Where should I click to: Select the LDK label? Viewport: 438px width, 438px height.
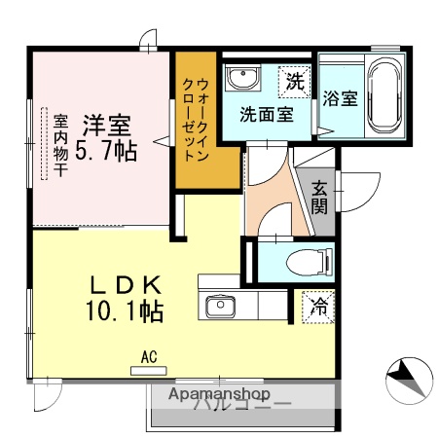[x=125, y=285]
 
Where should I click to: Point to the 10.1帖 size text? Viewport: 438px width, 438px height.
[x=125, y=311]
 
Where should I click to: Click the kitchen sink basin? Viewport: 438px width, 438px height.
[x=220, y=308]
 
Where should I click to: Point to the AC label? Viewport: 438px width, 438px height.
[x=149, y=356]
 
